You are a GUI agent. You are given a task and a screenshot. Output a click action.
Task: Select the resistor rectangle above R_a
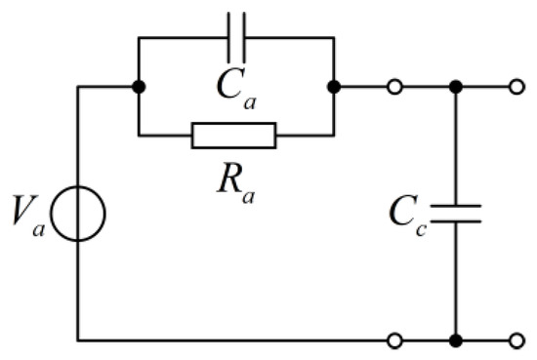(x=234, y=136)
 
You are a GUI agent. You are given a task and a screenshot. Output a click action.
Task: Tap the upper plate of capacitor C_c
(x=456, y=205)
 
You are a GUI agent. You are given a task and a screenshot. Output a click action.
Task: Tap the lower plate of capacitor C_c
(x=456, y=221)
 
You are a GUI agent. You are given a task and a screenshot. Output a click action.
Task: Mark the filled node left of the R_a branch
(x=139, y=87)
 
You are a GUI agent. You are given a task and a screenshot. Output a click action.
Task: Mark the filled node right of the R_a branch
(x=334, y=87)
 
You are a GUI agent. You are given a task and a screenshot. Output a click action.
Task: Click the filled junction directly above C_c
(x=456, y=87)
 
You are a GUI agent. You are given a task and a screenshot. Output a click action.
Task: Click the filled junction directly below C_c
(x=456, y=340)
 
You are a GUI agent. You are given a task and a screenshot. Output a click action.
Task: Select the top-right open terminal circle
(x=516, y=87)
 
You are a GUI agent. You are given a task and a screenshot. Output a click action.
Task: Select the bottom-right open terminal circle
(x=516, y=340)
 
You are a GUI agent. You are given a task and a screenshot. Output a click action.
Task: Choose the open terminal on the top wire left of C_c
(x=394, y=87)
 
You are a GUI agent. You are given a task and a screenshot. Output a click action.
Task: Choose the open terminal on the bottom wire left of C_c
(x=394, y=340)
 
